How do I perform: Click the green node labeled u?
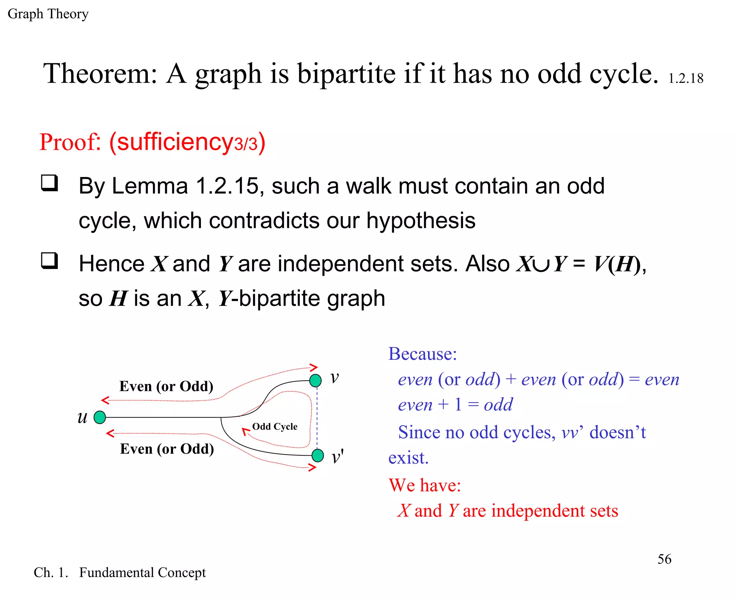pyautogui.click(x=100, y=417)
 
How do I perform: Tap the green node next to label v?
pyautogui.click(x=315, y=380)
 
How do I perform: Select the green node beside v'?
pyautogui.click(x=318, y=455)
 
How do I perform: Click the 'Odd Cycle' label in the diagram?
pyautogui.click(x=275, y=427)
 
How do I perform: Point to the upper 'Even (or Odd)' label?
pyautogui.click(x=166, y=386)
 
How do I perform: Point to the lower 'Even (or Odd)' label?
pyautogui.click(x=167, y=449)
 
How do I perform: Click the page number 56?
pyautogui.click(x=664, y=559)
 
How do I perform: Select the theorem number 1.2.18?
pyautogui.click(x=685, y=79)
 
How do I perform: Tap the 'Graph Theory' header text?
pyautogui.click(x=48, y=14)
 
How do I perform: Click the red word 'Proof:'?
pyautogui.click(x=70, y=142)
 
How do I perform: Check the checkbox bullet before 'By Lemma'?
pyautogui.click(x=49, y=183)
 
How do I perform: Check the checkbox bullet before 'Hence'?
pyautogui.click(x=49, y=261)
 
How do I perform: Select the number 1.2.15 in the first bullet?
pyautogui.click(x=227, y=186)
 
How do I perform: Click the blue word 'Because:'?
pyautogui.click(x=422, y=354)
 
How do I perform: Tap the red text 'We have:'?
pyautogui.click(x=425, y=485)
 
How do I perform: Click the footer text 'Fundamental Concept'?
pyautogui.click(x=142, y=572)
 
